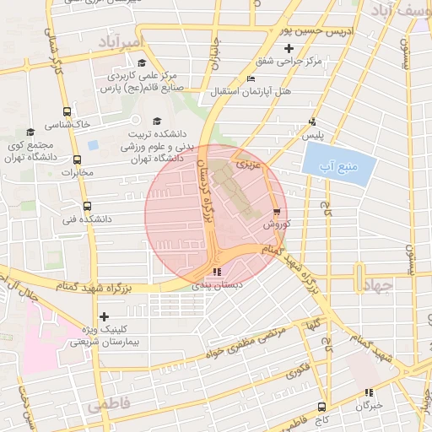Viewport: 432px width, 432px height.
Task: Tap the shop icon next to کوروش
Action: pos(278,212)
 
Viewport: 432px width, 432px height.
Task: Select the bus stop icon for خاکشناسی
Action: pos(67,111)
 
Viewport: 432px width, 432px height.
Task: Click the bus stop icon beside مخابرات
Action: pos(78,159)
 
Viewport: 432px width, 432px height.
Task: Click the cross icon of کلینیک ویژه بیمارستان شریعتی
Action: pos(104,317)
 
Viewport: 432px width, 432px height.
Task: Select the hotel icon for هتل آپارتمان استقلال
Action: pos(250,78)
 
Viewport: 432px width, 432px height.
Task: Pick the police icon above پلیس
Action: pos(313,121)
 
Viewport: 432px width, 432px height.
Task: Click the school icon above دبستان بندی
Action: pos(218,272)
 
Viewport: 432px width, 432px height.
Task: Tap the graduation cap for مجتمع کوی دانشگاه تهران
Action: pos(30,132)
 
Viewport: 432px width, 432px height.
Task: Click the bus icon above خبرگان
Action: pos(368,392)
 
